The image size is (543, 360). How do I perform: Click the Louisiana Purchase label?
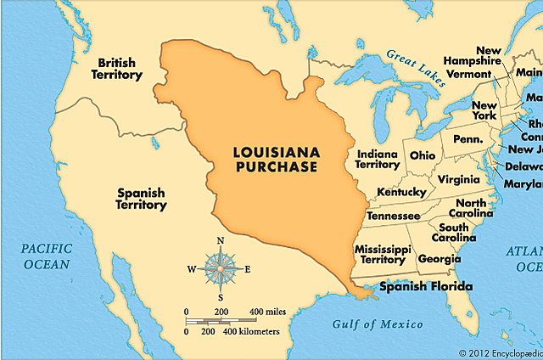(x=276, y=159)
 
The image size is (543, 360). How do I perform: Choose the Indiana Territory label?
(x=378, y=159)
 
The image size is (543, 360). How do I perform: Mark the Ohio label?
(x=422, y=155)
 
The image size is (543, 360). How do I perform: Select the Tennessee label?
(x=392, y=216)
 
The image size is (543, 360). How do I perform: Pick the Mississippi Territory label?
(x=383, y=255)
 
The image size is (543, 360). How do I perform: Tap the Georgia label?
(x=440, y=258)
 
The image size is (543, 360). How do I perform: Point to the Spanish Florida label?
(x=425, y=287)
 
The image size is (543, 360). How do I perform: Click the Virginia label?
(x=459, y=179)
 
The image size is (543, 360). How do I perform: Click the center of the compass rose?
(x=220, y=269)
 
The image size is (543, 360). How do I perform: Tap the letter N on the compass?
(x=221, y=241)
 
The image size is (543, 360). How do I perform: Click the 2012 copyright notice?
(x=500, y=352)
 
